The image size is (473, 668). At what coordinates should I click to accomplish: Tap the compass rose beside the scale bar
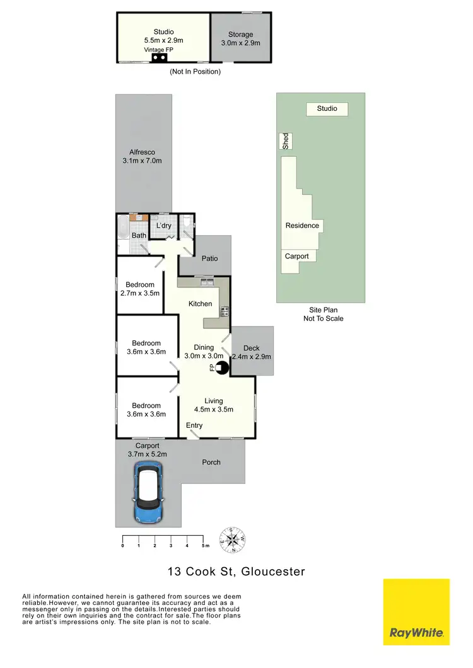[x=232, y=539]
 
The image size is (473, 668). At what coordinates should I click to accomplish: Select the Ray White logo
[x=416, y=612]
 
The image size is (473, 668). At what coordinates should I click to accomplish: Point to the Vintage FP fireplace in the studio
[x=159, y=58]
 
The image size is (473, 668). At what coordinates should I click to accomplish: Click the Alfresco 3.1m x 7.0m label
[x=142, y=156]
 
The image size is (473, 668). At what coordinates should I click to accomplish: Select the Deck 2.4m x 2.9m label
[x=251, y=352]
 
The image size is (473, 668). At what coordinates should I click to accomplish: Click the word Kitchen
[x=201, y=304]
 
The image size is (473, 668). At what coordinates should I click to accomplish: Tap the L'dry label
[x=163, y=226]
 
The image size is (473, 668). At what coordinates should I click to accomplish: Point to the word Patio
[x=209, y=258]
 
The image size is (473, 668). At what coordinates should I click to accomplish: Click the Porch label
[x=211, y=462]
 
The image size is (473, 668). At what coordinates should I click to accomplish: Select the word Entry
[x=194, y=425]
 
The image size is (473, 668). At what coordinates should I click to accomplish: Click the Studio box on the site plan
[x=327, y=109]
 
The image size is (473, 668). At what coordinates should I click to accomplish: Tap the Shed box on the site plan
[x=286, y=141]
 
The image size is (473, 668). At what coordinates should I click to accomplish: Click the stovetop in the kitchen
[x=224, y=311]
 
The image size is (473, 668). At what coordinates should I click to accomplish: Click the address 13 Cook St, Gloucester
[x=236, y=572]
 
